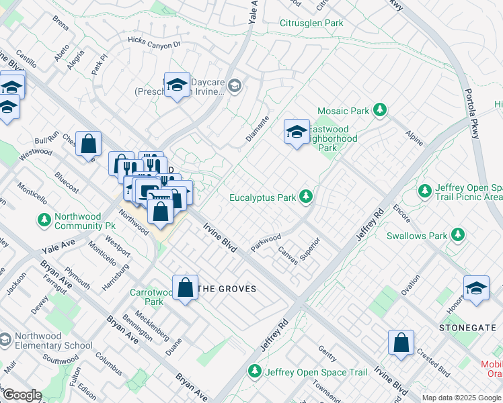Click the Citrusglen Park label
point(311,24)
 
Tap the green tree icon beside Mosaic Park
point(380,109)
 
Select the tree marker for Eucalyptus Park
point(306,196)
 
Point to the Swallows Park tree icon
point(458,234)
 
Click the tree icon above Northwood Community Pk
point(44,220)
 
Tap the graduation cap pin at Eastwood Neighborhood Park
point(296,132)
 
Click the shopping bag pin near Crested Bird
point(401,343)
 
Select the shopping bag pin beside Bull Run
point(88,144)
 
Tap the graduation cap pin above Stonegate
point(476,287)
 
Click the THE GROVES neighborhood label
point(229,289)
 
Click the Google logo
point(22,395)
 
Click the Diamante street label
point(257,128)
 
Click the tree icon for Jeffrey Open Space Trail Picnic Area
point(424,191)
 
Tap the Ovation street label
point(410,283)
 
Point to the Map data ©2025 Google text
point(461,398)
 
